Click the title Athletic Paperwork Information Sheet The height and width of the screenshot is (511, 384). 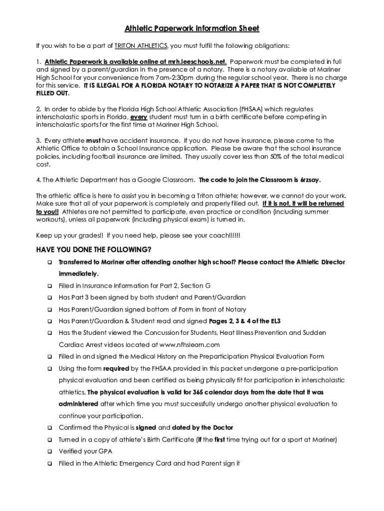coord(192,28)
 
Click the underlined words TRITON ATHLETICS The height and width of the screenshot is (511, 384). coord(141,46)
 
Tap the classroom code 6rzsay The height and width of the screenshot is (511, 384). coord(310,180)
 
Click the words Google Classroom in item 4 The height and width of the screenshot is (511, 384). coord(166,180)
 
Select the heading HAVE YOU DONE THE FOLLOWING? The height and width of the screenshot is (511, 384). coord(94,250)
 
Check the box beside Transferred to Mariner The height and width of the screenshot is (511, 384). coord(49,262)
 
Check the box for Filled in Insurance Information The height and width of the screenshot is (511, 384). coord(49,286)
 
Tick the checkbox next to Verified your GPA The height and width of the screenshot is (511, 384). coord(49,452)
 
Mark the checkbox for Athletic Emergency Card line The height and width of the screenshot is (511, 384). coord(49,464)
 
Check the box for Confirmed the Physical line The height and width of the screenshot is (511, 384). coord(49,428)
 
